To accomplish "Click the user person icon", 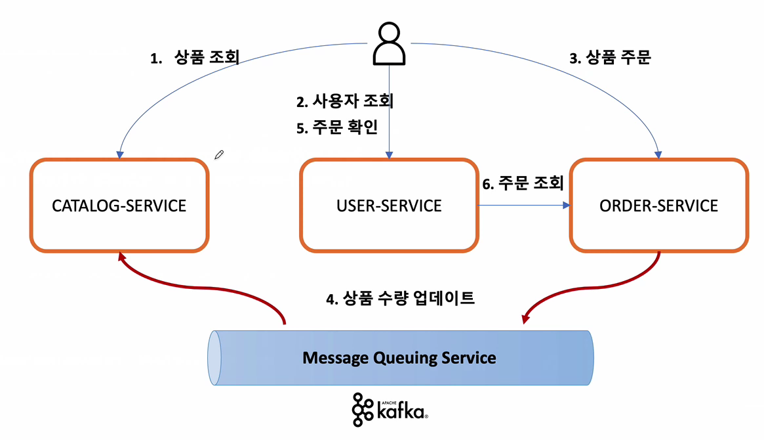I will pos(389,44).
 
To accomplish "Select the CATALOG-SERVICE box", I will pos(119,205).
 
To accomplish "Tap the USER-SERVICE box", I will pos(389,205).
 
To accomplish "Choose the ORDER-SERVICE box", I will pos(658,205).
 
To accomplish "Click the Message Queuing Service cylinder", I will pos(400,358).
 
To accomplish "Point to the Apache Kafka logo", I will pos(390,410).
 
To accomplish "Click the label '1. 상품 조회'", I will pos(195,58).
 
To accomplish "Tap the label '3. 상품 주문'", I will pos(609,58).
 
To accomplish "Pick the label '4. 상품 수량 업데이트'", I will pos(400,299).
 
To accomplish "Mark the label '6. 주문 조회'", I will pos(523,183).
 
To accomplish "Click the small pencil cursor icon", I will pos(219,155).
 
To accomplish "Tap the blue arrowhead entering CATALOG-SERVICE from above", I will pos(119,154).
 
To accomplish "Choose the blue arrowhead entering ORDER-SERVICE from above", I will pos(659,154).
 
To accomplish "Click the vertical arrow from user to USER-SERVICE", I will pos(389,112).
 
